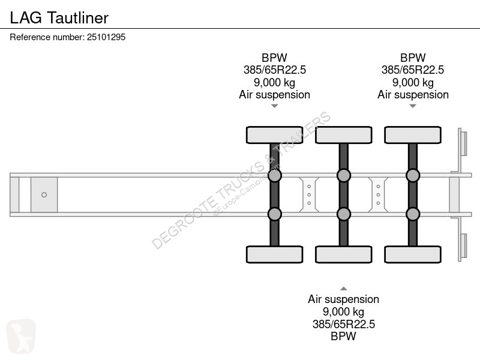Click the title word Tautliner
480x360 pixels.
(x=78, y=18)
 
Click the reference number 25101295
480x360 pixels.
(x=106, y=37)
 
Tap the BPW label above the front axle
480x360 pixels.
(x=274, y=58)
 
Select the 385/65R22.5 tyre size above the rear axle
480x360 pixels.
(x=413, y=70)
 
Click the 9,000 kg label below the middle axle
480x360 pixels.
(x=343, y=312)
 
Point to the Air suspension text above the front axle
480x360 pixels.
(x=274, y=95)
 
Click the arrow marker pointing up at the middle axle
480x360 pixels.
(x=343, y=289)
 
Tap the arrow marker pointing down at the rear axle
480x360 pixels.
(x=413, y=106)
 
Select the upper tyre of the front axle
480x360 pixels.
(x=274, y=135)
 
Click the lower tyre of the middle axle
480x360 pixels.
(x=343, y=254)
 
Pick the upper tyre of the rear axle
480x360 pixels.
(x=413, y=135)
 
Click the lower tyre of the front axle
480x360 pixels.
(x=274, y=254)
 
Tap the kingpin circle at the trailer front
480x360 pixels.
(x=44, y=194)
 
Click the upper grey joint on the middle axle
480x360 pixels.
(x=343, y=175)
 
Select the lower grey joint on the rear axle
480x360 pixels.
(x=413, y=214)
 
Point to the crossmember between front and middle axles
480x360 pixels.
(x=309, y=194)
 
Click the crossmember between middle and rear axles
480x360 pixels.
(x=378, y=194)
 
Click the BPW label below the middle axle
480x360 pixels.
(x=343, y=336)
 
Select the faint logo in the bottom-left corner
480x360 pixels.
(x=21, y=336)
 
